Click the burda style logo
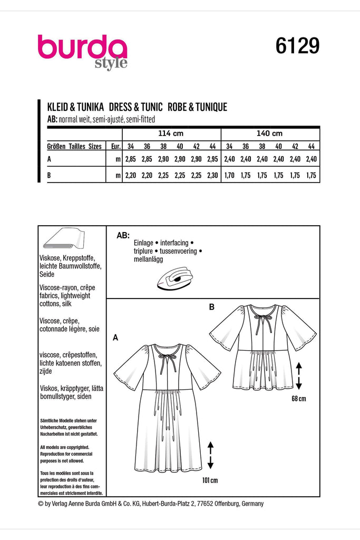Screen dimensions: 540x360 click(x=82, y=51)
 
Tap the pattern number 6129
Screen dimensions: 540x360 click(x=297, y=47)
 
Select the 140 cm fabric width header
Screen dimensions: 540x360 click(x=269, y=133)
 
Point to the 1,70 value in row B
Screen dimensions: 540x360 click(x=229, y=176)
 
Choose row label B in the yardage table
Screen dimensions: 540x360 click(x=49, y=176)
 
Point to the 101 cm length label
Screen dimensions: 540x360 click(x=210, y=480)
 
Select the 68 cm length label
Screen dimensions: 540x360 click(x=298, y=398)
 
